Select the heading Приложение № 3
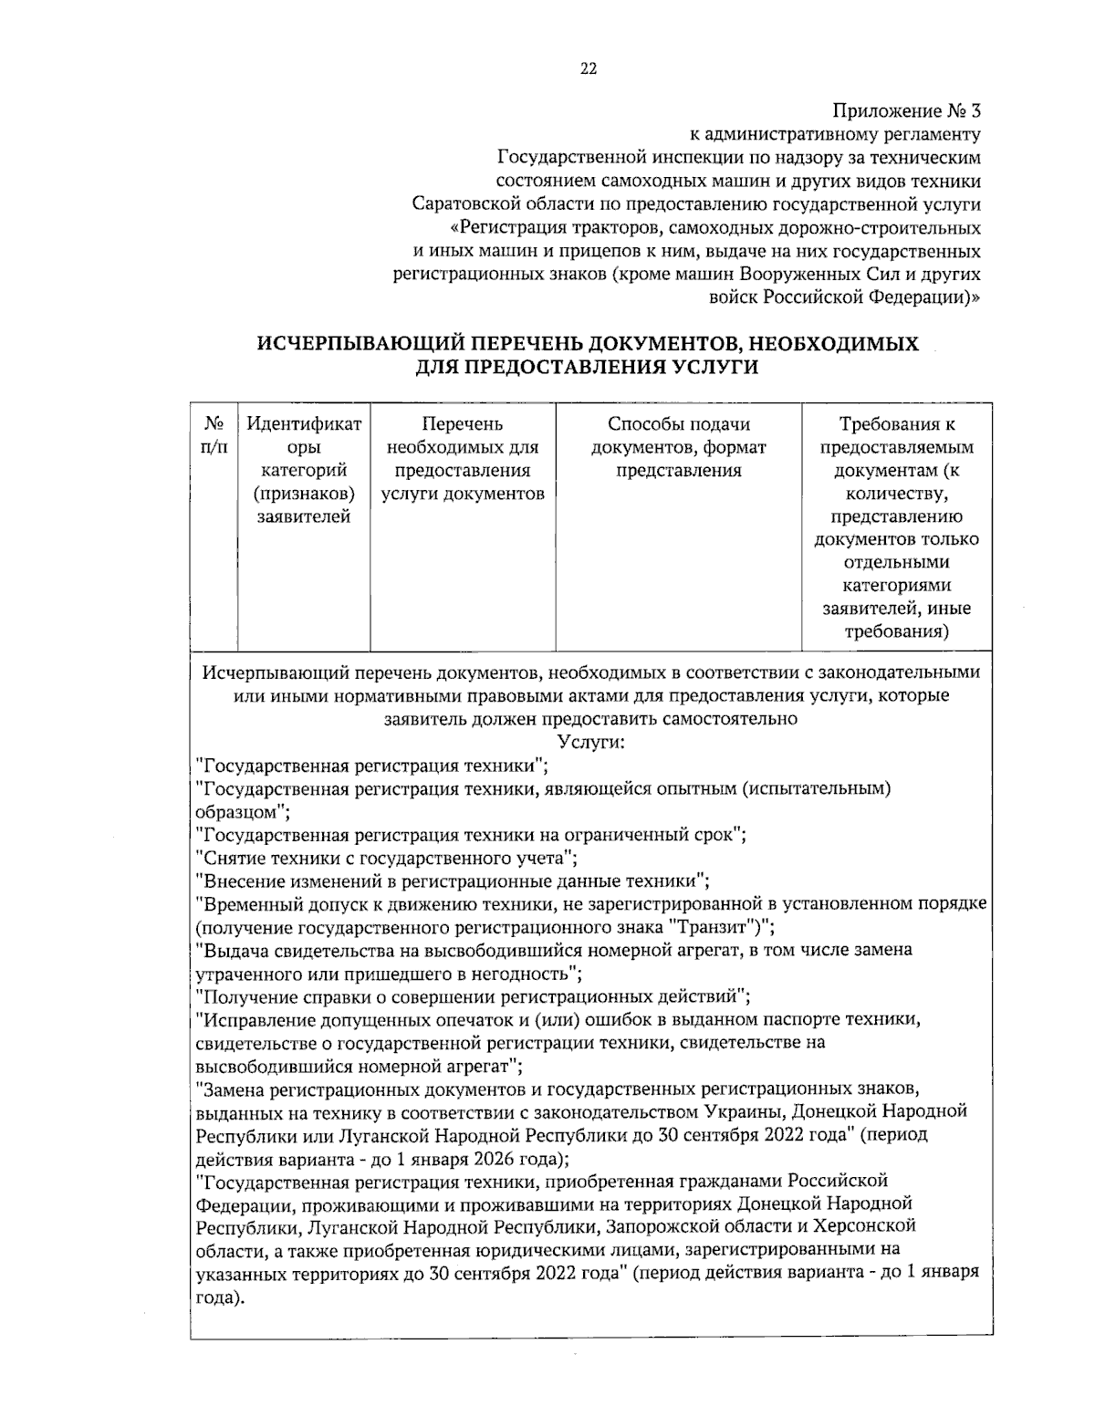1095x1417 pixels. click(x=907, y=111)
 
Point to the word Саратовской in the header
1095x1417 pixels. click(x=460, y=203)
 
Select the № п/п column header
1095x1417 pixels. click(x=214, y=435)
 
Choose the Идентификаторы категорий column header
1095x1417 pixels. click(x=303, y=471)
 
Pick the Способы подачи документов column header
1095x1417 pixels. click(x=678, y=447)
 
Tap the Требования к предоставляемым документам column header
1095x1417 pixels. click(x=896, y=527)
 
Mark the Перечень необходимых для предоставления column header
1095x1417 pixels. click(x=462, y=459)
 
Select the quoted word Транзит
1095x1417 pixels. click(x=714, y=927)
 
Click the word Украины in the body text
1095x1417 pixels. click(x=744, y=1111)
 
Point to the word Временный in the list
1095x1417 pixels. click(x=245, y=904)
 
